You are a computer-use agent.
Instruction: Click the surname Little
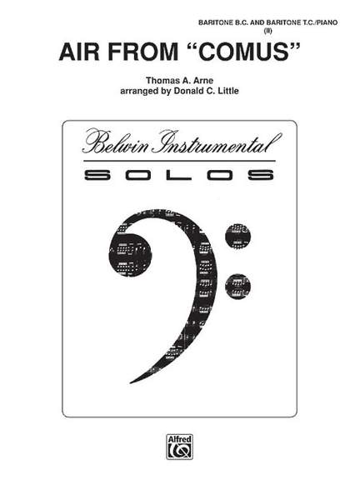(x=227, y=91)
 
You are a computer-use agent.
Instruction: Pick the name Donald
(x=187, y=91)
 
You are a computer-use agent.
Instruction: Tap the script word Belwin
(x=116, y=143)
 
